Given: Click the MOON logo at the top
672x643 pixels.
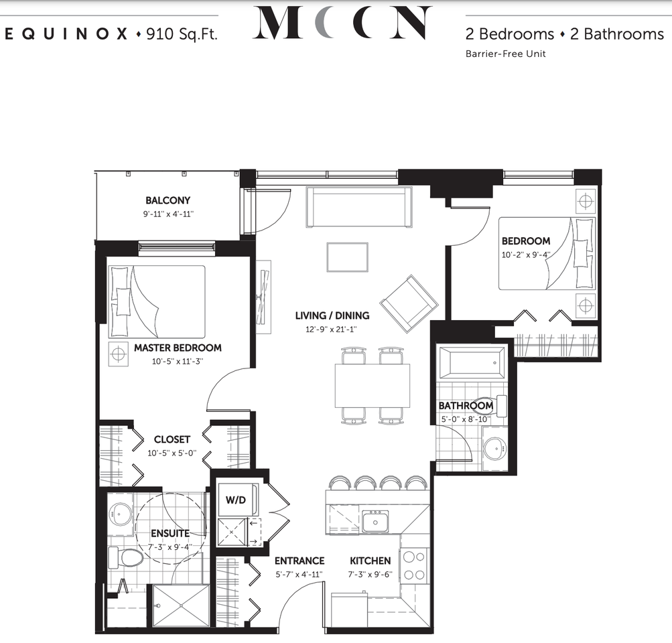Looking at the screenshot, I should click(341, 23).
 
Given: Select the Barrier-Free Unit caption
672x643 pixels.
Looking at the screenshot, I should click(505, 54).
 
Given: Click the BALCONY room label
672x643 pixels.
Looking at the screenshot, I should click(167, 200).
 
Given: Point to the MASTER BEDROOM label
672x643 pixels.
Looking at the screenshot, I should click(178, 348).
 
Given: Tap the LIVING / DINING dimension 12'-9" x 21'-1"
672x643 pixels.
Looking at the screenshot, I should click(332, 329).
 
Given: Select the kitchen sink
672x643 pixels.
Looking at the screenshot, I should click(375, 521).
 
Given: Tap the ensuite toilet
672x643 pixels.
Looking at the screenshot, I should click(126, 557).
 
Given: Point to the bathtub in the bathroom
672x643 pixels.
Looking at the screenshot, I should click(472, 362).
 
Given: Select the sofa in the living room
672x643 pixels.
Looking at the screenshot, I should click(359, 207).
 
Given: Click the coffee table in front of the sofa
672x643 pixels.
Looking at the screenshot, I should click(347, 257).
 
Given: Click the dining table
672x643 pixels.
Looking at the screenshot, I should click(373, 385).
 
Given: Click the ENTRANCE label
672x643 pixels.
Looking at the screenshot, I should click(299, 561).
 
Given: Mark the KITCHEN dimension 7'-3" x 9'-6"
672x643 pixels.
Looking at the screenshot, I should click(371, 574).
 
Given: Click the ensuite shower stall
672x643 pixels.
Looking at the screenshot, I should click(181, 606).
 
